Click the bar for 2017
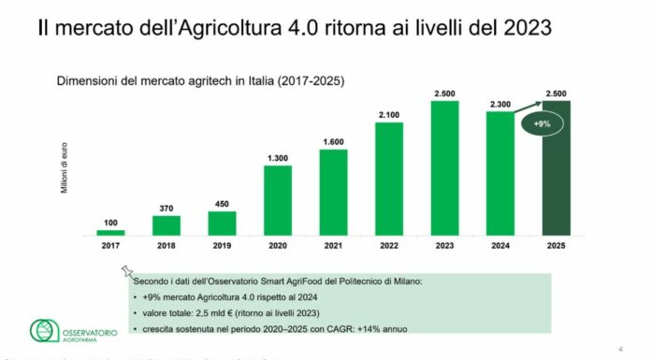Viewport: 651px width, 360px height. (x=110, y=231)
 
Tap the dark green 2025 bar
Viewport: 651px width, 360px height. (x=557, y=168)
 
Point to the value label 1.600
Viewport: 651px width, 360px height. (x=334, y=141)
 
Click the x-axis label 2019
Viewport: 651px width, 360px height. (x=222, y=245)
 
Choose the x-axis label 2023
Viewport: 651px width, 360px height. (x=445, y=245)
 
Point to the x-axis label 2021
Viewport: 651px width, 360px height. (x=334, y=245)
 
